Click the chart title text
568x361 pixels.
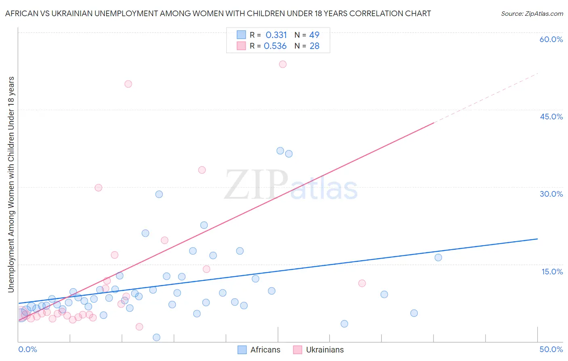coord(218,13)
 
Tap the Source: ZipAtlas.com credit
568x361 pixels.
coord(532,13)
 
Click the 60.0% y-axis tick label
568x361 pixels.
coord(551,39)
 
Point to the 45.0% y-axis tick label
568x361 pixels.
coord(551,117)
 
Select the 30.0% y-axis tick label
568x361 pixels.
coord(551,194)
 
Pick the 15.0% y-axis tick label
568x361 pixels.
coord(552,272)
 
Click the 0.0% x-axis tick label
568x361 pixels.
coord(27,349)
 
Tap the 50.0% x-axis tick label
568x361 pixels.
coord(551,349)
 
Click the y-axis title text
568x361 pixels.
coord(11,184)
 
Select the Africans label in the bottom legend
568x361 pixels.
coord(265,350)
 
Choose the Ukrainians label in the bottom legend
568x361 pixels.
coord(325,350)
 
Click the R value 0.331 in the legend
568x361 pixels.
coord(276,35)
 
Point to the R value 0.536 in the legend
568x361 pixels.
coord(275,46)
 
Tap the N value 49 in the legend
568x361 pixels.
coord(314,35)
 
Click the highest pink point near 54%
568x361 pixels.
coord(283,64)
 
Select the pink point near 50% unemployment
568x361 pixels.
coord(128,84)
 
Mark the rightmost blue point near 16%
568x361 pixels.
coord(438,257)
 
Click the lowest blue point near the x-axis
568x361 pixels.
coord(156,338)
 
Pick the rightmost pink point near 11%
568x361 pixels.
coord(362,283)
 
